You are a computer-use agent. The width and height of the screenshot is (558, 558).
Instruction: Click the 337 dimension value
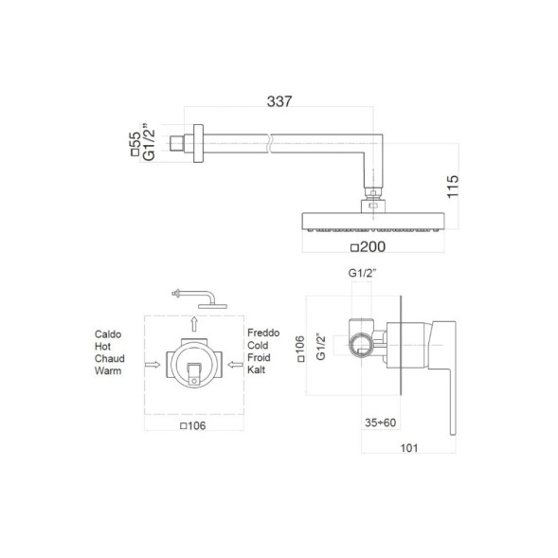pos(279,101)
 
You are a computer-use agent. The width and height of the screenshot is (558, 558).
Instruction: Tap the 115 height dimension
pos(453,187)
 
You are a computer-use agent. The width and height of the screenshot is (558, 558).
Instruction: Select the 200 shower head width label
pos(372,247)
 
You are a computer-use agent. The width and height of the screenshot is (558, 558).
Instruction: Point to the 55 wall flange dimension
pos(135,140)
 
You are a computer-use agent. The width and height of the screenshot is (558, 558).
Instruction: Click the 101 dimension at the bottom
pos(409,448)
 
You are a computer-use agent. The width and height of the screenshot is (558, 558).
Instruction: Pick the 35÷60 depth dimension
pos(381,423)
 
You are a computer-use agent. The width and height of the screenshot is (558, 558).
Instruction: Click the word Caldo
pos(108,334)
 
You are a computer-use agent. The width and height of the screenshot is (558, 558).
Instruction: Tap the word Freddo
pos(263,333)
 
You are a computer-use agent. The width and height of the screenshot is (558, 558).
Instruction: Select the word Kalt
pos(256,369)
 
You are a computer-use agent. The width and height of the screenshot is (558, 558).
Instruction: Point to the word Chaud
pos(110,358)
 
